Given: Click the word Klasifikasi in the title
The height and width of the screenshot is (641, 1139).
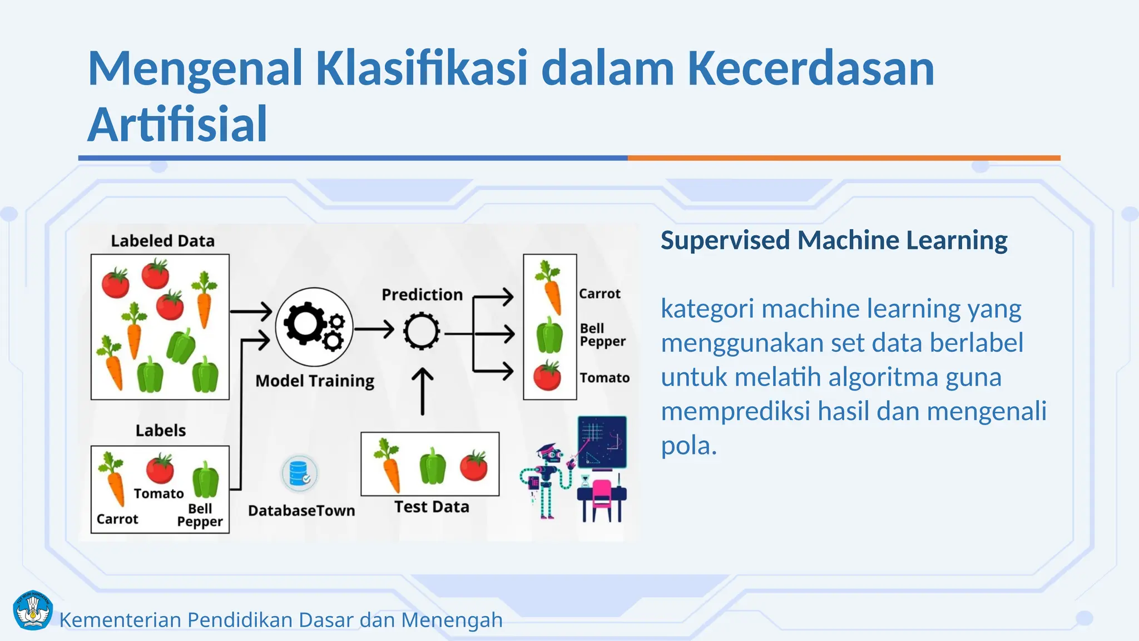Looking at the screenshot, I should click(422, 69).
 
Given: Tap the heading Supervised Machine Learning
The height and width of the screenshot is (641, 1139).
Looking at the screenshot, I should click(834, 240).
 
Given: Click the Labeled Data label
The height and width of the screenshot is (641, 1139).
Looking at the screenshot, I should click(162, 241).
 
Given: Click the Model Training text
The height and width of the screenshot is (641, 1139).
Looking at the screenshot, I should click(315, 381).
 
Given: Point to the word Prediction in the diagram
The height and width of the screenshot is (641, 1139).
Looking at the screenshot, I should click(422, 294).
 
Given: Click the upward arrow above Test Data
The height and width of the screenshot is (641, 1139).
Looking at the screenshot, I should click(423, 391).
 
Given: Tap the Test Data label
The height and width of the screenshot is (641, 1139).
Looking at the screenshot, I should click(432, 507).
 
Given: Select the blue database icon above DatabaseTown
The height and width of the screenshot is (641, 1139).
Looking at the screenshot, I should click(299, 474).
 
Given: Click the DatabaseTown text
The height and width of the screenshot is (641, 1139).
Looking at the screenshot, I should click(301, 511).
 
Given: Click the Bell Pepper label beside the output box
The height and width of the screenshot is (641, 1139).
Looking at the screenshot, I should click(602, 335).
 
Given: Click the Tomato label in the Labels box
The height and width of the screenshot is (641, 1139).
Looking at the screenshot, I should click(159, 494).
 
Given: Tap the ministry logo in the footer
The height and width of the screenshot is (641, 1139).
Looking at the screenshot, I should click(32, 610).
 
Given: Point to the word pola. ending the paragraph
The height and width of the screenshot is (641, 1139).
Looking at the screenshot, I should click(689, 446).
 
